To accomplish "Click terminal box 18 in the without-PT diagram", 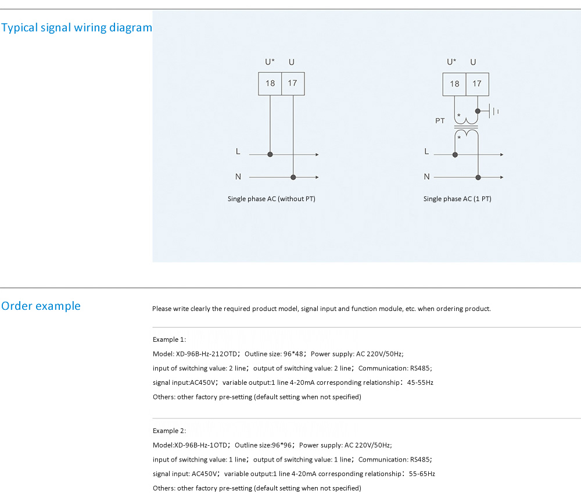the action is [x=270, y=84].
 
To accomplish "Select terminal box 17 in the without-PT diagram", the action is [x=293, y=84].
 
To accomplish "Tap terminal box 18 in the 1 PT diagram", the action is [x=454, y=84].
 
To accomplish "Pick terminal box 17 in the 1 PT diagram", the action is [x=477, y=84].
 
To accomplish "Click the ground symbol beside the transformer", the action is [x=493, y=111].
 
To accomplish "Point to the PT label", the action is [x=440, y=121].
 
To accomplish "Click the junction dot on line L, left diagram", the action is [x=270, y=154].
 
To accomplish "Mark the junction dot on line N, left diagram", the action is [x=293, y=177].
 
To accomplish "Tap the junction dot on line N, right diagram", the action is [x=478, y=178].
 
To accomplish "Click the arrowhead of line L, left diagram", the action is [x=317, y=154].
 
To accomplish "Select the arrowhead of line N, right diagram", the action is [x=502, y=177].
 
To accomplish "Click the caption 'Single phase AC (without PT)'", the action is [x=271, y=199].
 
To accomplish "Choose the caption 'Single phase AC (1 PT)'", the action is [x=457, y=199].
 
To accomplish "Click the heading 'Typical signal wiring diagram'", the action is [x=77, y=28].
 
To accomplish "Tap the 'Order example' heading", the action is [x=41, y=306].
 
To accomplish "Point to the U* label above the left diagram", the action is [x=270, y=62].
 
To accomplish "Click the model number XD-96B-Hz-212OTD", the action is [x=206, y=354].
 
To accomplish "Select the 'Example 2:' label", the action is [x=169, y=431].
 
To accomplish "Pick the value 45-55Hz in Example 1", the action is [x=420, y=383].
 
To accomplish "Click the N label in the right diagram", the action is [x=427, y=177].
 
